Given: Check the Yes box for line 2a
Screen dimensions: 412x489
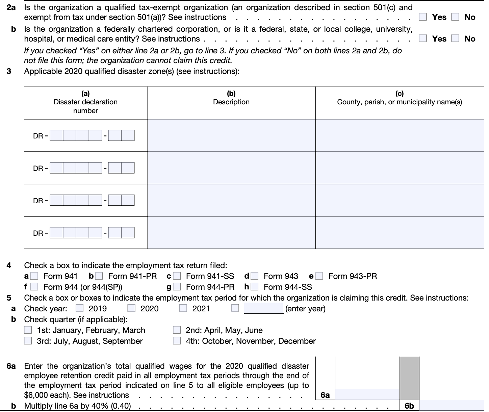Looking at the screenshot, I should (x=423, y=17).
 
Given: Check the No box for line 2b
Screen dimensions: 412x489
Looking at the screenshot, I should (x=455, y=39).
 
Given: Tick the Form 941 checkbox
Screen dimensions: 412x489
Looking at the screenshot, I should (x=34, y=276).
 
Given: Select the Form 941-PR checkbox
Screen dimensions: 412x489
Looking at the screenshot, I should (x=99, y=276).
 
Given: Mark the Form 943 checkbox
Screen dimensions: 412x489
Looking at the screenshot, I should (x=255, y=276).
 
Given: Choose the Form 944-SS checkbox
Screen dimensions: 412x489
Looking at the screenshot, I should (x=255, y=287).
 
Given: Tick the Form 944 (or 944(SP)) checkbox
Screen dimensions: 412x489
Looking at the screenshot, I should (x=34, y=287).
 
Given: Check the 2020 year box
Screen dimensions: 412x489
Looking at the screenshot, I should (x=131, y=308).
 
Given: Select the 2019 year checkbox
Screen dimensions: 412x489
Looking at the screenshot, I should (x=80, y=308).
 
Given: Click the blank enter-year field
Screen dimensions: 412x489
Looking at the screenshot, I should (x=264, y=308).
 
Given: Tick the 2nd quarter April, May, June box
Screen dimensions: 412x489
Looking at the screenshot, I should (x=177, y=330).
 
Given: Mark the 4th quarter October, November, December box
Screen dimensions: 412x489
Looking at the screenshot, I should (x=177, y=341).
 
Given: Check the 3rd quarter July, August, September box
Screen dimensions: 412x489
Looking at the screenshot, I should (x=28, y=341).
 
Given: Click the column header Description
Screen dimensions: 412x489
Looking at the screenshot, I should (x=231, y=102).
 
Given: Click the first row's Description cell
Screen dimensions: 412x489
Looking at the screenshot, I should (x=231, y=135).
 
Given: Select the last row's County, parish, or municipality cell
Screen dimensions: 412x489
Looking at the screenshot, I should (x=400, y=233).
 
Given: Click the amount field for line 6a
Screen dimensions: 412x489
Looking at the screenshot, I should (x=367, y=394).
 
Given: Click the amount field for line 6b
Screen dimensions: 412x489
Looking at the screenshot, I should (x=451, y=405).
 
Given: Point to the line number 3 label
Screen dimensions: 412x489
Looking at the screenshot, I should (x=9, y=71).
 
